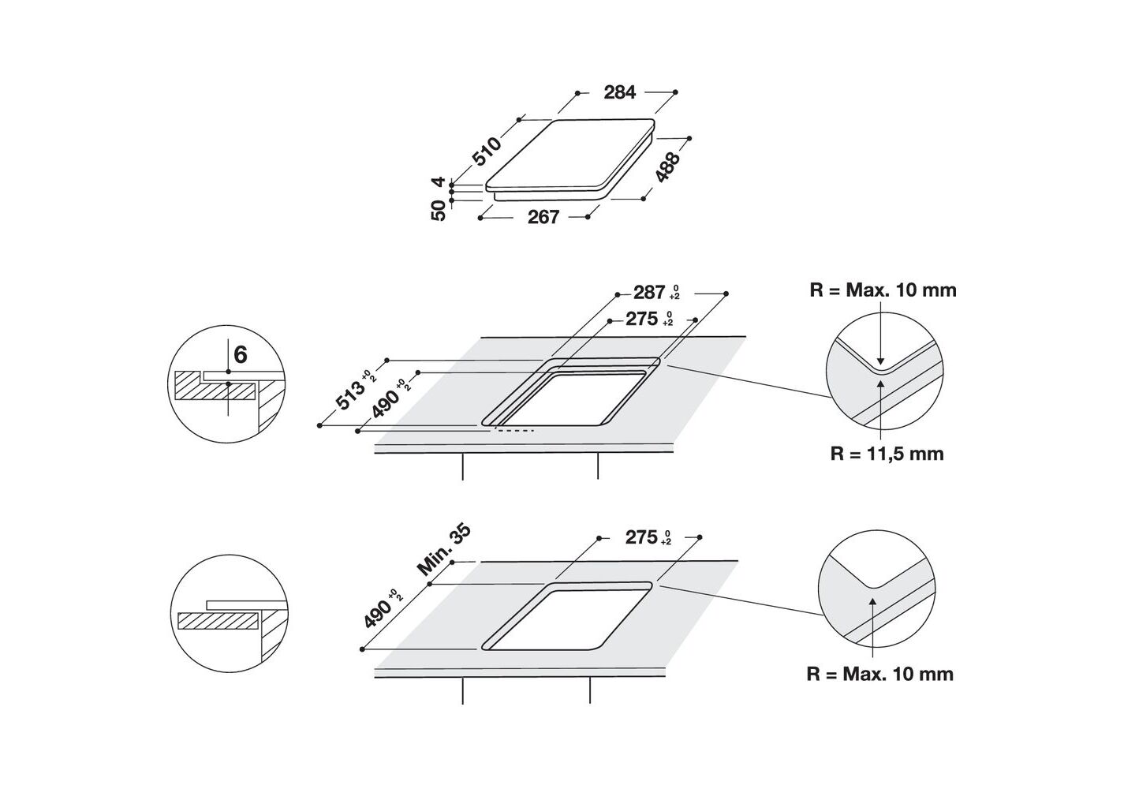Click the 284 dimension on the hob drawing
(x=620, y=92)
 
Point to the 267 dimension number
(x=543, y=217)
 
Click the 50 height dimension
(x=438, y=210)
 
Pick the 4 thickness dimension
(x=439, y=181)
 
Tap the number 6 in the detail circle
(x=241, y=355)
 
